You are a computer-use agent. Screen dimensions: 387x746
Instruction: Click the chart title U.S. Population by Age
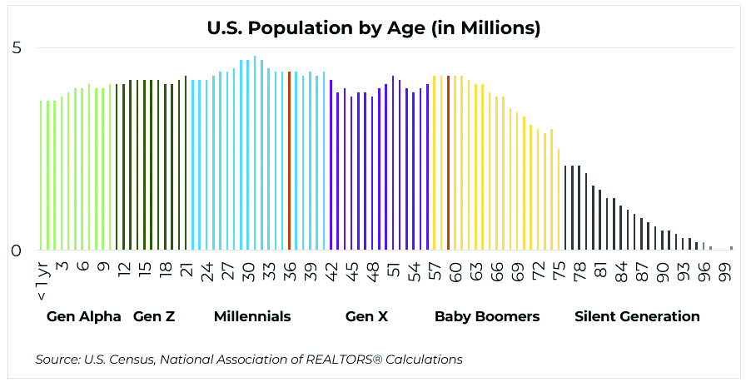pos(374,28)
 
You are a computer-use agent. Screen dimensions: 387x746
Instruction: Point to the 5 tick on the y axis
pos(17,48)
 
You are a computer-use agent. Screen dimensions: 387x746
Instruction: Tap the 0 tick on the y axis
pos(17,251)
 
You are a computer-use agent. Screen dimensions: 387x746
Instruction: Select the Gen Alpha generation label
pos(84,316)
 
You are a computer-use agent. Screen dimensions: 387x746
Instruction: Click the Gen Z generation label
pos(154,316)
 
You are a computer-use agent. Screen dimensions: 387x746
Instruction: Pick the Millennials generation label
pos(252,316)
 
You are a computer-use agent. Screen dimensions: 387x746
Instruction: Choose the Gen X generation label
pos(366,316)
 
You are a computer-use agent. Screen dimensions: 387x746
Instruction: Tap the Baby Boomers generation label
pos(487,316)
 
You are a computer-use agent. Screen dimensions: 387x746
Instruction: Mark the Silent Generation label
pos(637,316)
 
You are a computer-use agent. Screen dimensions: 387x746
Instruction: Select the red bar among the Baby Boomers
pos(448,163)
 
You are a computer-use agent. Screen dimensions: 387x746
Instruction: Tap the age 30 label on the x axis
pos(248,271)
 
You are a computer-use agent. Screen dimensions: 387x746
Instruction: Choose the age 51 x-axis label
pos(393,271)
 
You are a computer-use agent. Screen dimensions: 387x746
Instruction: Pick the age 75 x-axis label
pos(559,271)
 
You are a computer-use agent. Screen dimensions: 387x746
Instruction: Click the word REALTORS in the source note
pos(346,360)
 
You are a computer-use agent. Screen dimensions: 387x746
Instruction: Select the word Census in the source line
pos(130,360)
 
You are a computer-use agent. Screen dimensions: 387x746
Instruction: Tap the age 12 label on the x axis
pos(124,271)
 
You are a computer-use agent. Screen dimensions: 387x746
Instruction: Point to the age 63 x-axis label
pos(476,271)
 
